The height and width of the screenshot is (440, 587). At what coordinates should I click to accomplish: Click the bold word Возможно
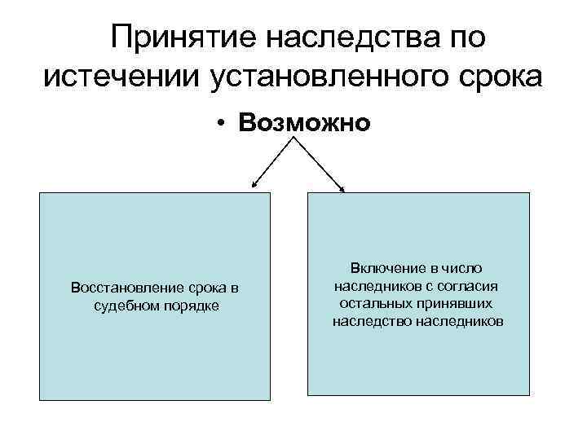coord(304,123)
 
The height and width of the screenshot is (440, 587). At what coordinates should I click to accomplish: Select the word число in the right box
coord(461,268)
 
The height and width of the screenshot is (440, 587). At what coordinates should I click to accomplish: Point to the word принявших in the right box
coord(457,303)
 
